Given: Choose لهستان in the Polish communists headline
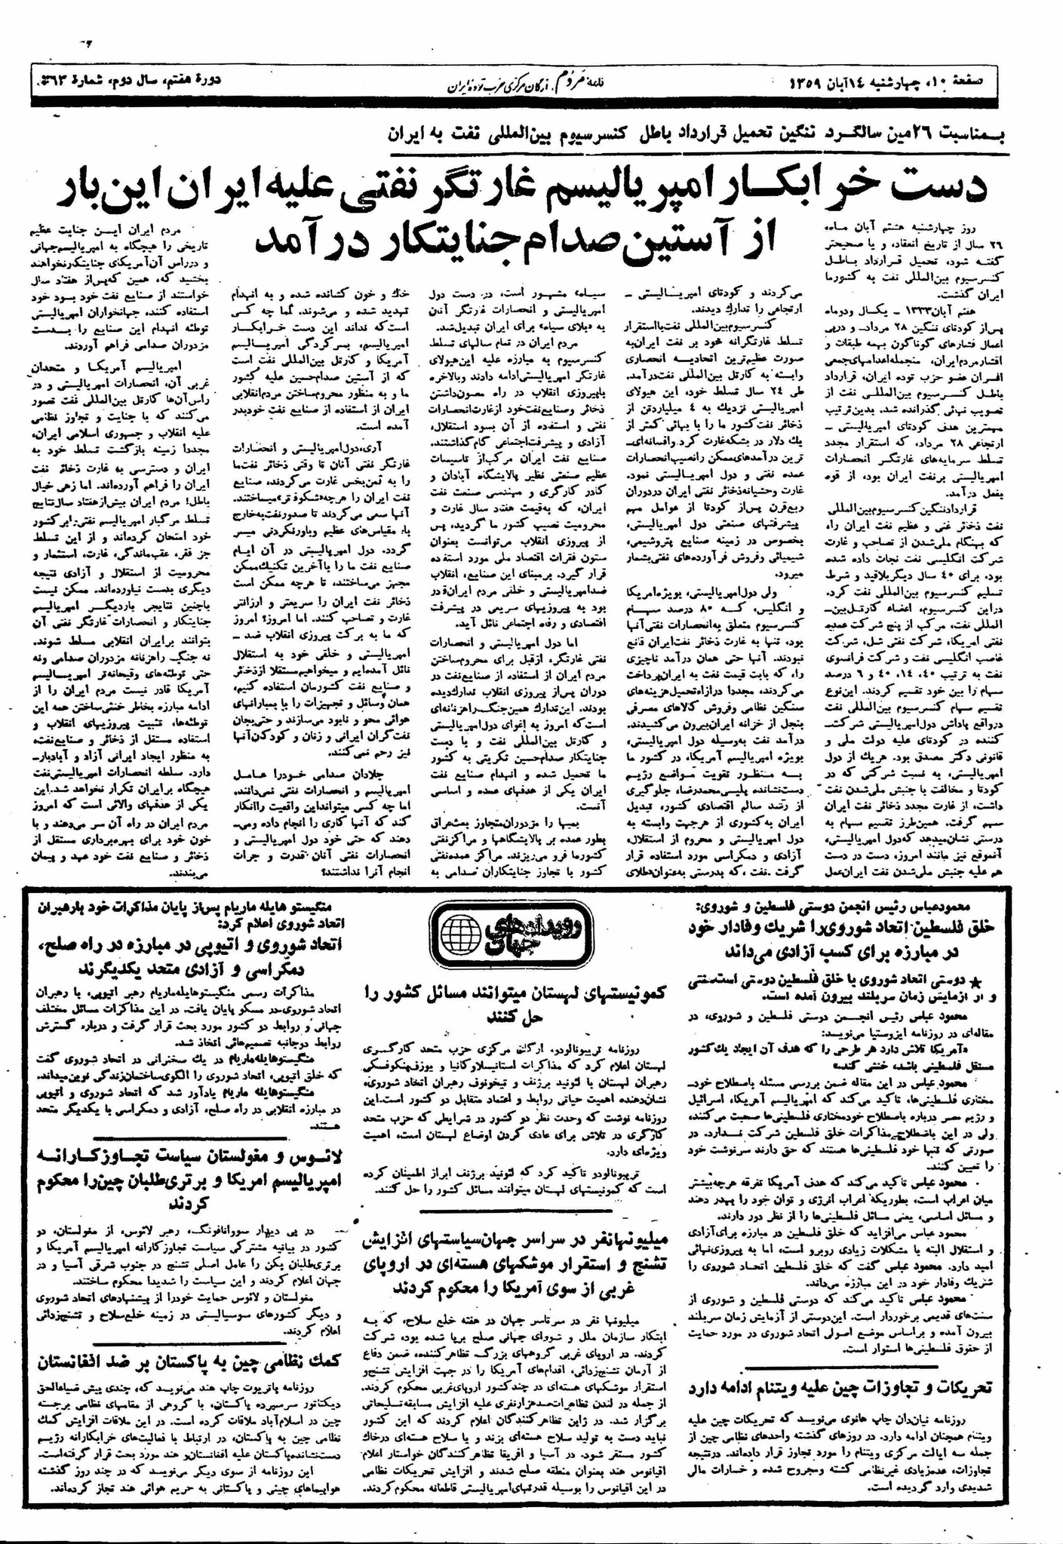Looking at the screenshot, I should coord(567,994).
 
